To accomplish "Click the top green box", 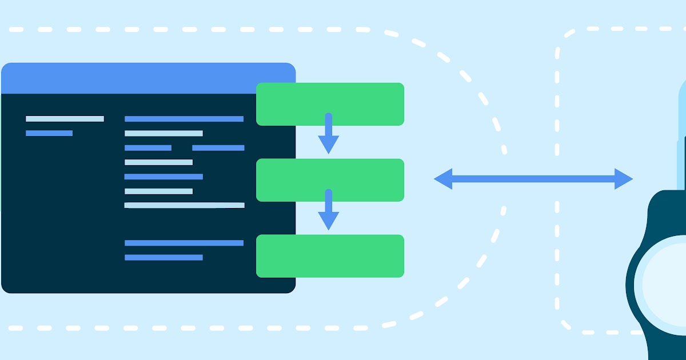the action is click(x=330, y=103).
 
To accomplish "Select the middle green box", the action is click(x=330, y=180).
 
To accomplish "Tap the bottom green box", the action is click(x=330, y=256).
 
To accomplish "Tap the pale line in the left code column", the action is click(x=65, y=119).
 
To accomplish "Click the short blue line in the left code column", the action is click(x=49, y=133).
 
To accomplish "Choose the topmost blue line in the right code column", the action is click(x=184, y=119).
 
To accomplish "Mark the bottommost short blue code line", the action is click(x=163, y=258).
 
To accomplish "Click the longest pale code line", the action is click(x=184, y=205).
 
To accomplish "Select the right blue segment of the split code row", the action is click(x=218, y=148).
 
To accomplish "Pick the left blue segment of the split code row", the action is click(x=148, y=148).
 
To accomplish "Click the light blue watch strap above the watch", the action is click(x=681, y=143).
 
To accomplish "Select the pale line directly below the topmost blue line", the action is click(x=163, y=133).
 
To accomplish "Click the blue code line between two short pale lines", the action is click(x=163, y=177).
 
